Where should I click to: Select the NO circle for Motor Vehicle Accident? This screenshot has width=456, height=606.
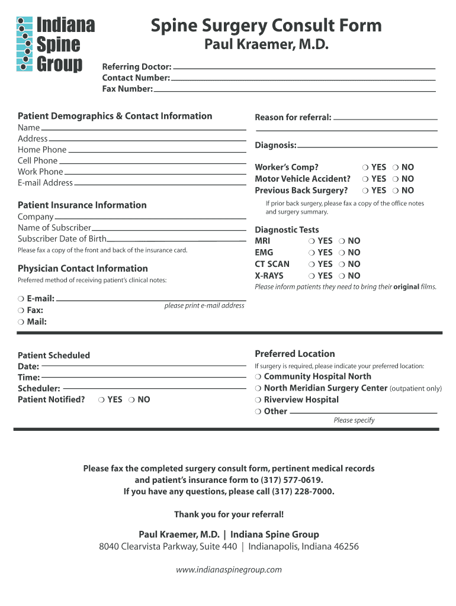point(396,179)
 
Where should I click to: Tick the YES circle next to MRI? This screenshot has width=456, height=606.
point(312,241)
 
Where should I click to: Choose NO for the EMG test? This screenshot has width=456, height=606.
point(342,253)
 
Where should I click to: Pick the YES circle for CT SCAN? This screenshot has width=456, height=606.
point(312,264)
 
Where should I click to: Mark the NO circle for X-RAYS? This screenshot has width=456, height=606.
point(342,276)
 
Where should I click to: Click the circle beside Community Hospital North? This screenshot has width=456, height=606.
point(258,376)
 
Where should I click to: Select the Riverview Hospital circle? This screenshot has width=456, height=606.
point(258,399)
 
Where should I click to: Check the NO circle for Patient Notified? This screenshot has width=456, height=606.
point(131,400)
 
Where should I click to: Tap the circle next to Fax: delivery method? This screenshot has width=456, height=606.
point(21,310)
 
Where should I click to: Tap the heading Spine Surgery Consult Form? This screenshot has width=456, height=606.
point(266,25)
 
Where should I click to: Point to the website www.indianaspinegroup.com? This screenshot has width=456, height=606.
point(229,570)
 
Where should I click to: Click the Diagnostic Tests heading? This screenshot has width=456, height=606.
point(287,230)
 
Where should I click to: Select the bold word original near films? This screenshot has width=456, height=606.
point(406,287)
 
